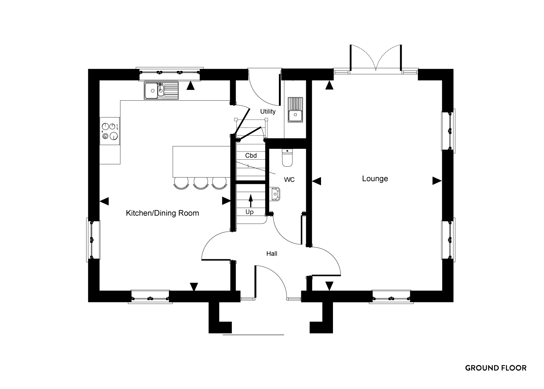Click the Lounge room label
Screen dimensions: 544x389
click(375, 179)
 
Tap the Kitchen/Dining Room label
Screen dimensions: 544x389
click(162, 213)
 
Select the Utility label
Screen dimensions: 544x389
click(268, 112)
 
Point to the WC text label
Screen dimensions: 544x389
click(289, 179)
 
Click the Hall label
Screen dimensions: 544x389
click(272, 254)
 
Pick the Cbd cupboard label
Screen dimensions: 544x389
click(251, 156)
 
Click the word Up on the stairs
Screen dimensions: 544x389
click(249, 212)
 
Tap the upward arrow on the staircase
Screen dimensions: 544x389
click(251, 201)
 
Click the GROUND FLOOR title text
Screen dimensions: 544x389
click(496, 368)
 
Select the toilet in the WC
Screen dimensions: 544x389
click(287, 158)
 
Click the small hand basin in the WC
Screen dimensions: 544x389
click(275, 194)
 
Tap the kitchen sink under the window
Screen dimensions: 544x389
click(161, 91)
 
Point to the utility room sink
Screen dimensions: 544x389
click(295, 110)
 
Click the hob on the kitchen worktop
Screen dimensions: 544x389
click(110, 131)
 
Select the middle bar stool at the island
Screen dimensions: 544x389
click(201, 183)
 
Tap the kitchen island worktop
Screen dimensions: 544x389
click(201, 161)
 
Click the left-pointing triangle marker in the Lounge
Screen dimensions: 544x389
click(317, 181)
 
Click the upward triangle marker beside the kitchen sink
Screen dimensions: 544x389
click(191, 86)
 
